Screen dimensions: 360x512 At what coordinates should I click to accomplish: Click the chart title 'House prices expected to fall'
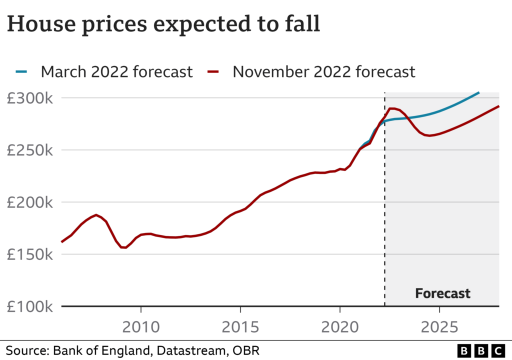[x=163, y=24]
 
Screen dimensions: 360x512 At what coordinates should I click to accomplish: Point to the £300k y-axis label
[x=29, y=98]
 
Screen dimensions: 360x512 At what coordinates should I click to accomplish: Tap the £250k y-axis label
[x=29, y=150]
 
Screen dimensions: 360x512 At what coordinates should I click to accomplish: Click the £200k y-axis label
[x=29, y=202]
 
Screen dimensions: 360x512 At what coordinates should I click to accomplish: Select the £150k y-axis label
[x=29, y=254]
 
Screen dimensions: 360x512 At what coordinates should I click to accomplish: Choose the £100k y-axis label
[x=29, y=306]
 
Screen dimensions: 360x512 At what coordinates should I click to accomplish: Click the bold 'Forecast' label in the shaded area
[x=442, y=293]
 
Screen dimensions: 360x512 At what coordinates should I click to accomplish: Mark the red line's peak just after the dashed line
[x=392, y=108]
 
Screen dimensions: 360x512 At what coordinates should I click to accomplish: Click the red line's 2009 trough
[x=123, y=247]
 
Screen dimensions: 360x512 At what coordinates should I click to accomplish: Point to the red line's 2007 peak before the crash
[x=96, y=215]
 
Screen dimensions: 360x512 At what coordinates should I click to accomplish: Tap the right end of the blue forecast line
[x=478, y=92]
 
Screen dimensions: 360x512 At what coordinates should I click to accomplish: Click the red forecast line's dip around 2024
[x=429, y=135]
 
